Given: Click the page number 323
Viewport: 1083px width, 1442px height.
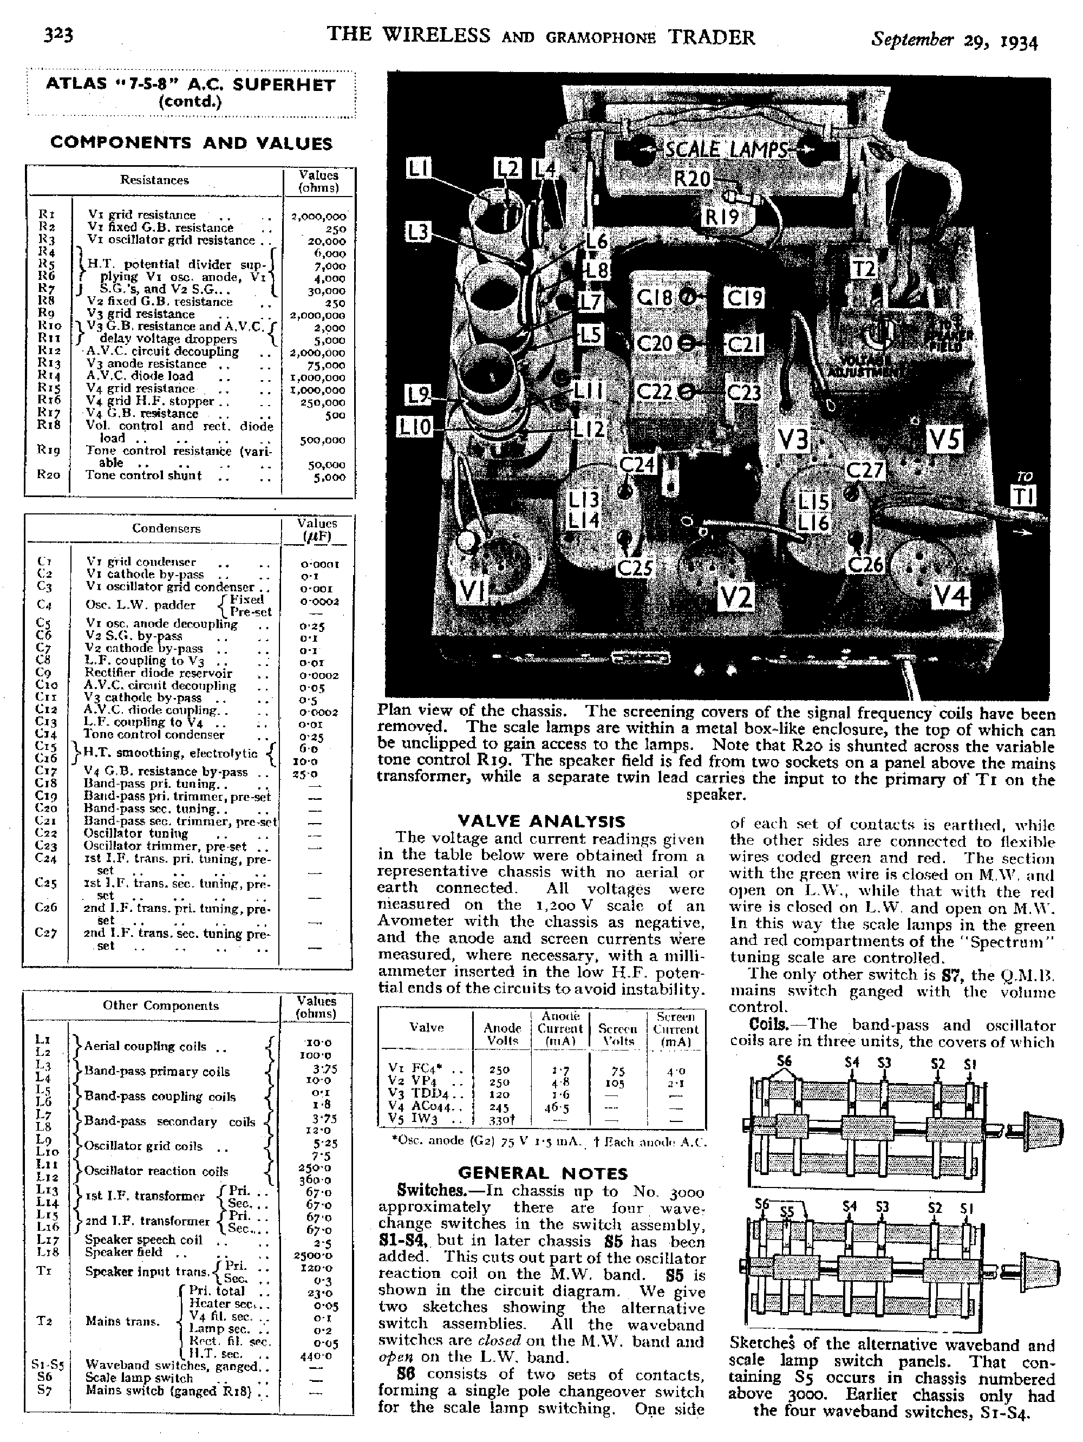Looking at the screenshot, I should click(58, 35).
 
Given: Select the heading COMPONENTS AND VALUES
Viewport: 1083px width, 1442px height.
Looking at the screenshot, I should click(191, 143).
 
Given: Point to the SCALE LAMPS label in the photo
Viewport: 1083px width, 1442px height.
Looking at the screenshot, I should click(726, 149).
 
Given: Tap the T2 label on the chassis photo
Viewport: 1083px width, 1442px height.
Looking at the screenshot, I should click(864, 268).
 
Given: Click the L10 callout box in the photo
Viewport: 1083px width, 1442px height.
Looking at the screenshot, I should click(415, 428).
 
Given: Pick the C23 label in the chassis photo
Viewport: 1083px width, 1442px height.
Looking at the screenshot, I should click(743, 393).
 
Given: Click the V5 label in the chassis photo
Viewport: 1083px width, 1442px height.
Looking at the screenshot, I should click(944, 441).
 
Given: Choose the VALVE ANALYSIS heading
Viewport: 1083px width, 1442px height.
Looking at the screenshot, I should click(541, 821).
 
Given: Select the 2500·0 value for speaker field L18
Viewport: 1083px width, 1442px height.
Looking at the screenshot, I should click(315, 1255).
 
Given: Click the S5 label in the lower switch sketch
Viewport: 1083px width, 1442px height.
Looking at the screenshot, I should click(787, 1212).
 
